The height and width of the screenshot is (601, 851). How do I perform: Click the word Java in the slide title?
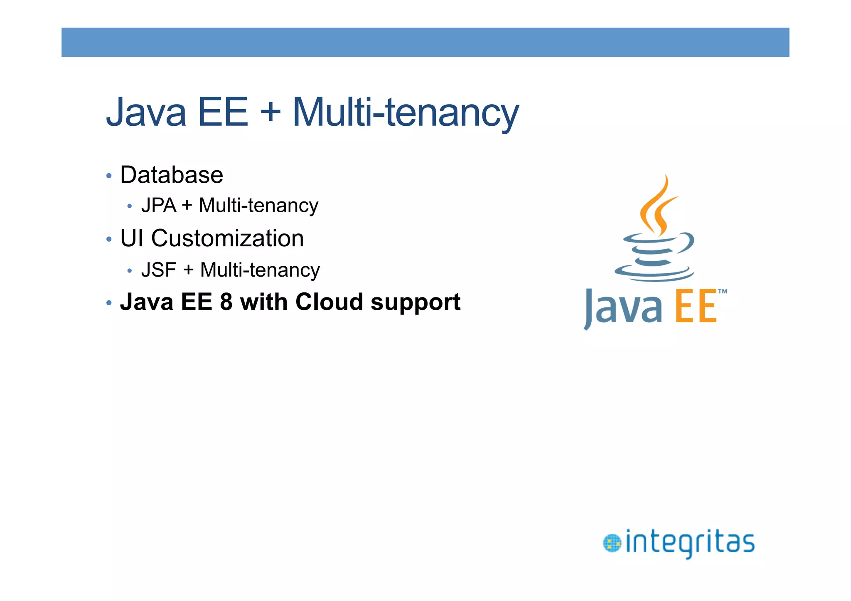pyautogui.click(x=146, y=112)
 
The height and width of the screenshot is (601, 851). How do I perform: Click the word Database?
pyautogui.click(x=172, y=175)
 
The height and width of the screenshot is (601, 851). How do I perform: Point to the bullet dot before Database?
pyautogui.click(x=109, y=176)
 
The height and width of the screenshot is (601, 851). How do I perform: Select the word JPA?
pyautogui.click(x=159, y=206)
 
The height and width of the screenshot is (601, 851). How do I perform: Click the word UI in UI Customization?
pyautogui.click(x=132, y=238)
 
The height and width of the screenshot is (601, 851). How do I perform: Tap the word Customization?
pyautogui.click(x=227, y=238)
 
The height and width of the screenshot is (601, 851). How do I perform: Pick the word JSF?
pyautogui.click(x=159, y=270)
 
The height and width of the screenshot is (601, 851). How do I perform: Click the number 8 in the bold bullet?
pyautogui.click(x=226, y=302)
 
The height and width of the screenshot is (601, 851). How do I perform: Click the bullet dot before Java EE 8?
pyautogui.click(x=109, y=303)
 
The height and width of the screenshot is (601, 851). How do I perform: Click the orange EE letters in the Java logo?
pyautogui.click(x=696, y=307)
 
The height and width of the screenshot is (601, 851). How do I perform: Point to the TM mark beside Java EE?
pyautogui.click(x=723, y=292)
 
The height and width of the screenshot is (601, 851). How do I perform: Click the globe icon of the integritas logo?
pyautogui.click(x=612, y=544)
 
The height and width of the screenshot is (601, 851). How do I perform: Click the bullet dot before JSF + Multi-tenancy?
pyautogui.click(x=130, y=271)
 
